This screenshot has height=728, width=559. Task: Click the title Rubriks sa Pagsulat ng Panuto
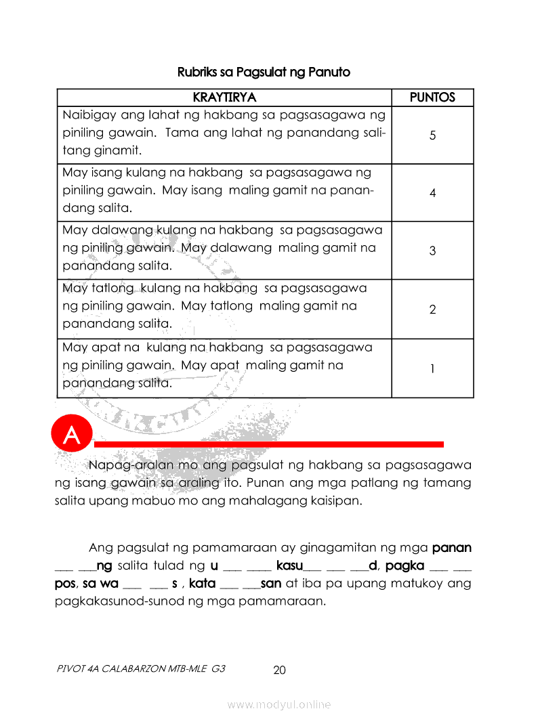point(264,72)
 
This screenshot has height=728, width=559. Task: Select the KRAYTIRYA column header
point(224,98)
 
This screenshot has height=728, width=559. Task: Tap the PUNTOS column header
point(432,98)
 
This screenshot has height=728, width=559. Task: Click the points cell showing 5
point(432,135)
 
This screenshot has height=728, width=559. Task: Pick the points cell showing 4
point(432,193)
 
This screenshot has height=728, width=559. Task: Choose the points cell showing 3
point(432,251)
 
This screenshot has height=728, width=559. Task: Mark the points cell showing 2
point(432,309)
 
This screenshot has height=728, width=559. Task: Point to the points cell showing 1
point(432,368)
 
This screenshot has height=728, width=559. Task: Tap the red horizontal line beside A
point(268,444)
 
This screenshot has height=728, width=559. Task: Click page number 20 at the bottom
point(279,670)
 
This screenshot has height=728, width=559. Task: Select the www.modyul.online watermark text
point(279,705)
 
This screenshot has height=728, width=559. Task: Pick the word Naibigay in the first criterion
point(87,115)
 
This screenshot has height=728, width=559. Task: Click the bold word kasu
point(290,565)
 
